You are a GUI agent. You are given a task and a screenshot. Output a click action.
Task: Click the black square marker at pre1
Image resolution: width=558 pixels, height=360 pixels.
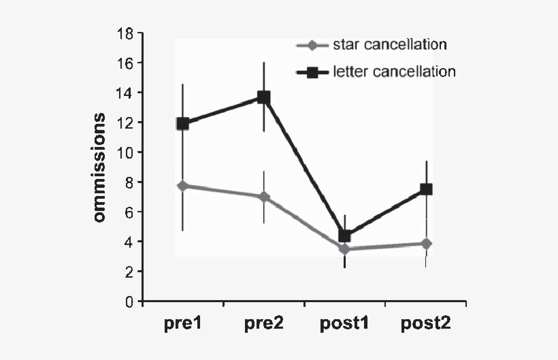182,123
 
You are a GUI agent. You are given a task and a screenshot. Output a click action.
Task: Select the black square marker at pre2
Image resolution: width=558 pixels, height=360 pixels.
263,97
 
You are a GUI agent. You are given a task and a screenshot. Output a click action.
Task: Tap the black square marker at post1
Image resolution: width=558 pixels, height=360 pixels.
344,235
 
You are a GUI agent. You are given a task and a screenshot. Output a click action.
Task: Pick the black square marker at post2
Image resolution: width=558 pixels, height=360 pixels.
426,189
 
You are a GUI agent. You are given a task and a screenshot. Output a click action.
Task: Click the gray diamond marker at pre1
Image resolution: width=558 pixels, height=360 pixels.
182,186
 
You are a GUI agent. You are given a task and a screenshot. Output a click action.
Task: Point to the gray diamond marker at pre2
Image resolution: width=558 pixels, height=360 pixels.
263,197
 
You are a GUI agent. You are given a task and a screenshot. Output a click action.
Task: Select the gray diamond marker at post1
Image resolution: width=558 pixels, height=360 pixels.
344,249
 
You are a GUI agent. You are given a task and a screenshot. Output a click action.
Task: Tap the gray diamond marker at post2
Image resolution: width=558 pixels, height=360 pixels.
426,244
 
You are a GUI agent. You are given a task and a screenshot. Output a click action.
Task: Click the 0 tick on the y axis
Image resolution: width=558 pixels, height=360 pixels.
128,301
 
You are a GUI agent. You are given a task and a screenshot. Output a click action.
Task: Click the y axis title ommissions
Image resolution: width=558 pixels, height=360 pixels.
100,167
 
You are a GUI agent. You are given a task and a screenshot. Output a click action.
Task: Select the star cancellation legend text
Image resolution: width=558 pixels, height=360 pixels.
389,46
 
